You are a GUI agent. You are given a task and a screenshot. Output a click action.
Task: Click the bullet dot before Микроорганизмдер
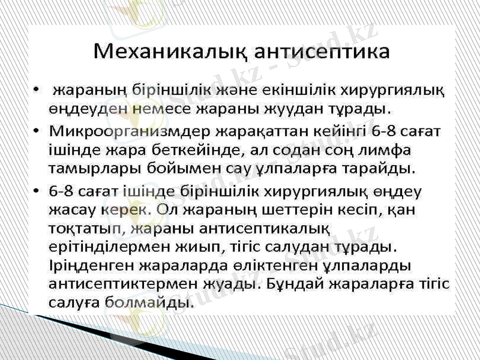point(38,130)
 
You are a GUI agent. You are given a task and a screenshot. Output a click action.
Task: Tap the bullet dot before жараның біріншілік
point(38,91)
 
